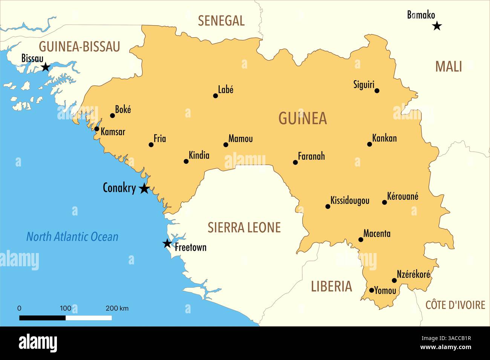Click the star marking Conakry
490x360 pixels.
[144, 188]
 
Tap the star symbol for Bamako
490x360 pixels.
[437, 26]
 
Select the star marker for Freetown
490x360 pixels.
[167, 244]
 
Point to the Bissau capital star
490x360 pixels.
[45, 67]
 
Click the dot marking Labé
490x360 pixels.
[216, 96]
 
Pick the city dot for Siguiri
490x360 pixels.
[377, 90]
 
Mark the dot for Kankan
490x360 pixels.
[369, 144]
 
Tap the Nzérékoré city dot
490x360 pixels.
[394, 280]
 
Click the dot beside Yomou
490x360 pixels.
[371, 290]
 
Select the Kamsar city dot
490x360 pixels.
[96, 129]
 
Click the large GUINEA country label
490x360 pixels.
[302, 119]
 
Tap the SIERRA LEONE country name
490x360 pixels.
[244, 227]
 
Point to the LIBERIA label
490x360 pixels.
[331, 287]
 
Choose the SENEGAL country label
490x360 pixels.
[221, 21]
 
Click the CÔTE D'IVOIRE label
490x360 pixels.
[455, 305]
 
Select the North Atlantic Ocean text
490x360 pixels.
[72, 237]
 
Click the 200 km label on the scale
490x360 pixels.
[117, 308]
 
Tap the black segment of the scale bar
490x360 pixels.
[42, 318]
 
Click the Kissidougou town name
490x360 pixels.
[350, 200]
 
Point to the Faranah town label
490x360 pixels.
[311, 156]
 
